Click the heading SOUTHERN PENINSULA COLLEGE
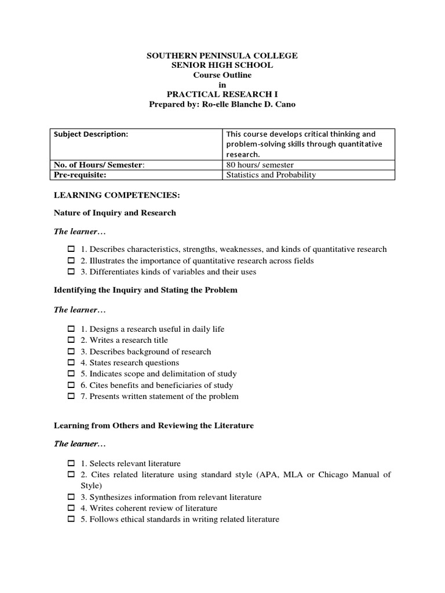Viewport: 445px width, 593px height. pos(222,56)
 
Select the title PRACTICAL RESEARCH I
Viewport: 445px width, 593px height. pos(222,94)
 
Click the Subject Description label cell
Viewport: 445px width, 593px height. pos(91,134)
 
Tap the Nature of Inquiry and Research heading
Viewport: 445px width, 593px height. pos(115,213)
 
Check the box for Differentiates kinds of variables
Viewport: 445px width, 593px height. pos(71,272)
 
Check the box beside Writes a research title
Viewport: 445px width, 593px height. pos(71,341)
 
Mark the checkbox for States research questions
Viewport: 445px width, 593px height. pos(71,363)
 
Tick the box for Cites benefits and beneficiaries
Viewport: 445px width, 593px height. pos(71,386)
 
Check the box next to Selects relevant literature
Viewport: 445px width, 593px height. pos(71,464)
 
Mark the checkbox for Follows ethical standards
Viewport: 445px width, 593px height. pos(71,519)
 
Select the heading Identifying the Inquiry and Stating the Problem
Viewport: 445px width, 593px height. pos(145,290)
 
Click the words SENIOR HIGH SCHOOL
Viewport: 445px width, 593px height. pos(222,65)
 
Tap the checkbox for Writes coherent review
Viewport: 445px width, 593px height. pos(71,508)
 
